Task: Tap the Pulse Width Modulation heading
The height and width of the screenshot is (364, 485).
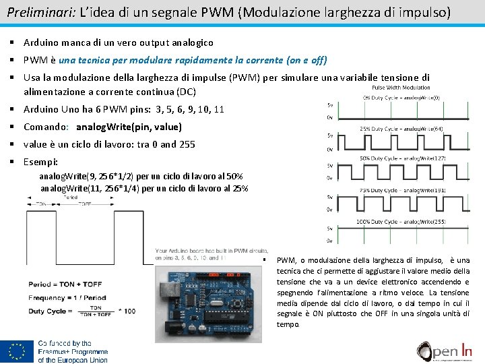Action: tap(401, 87)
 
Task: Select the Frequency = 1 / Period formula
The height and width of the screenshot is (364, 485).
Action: tap(66, 297)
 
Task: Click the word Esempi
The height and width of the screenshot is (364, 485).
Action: tap(40, 162)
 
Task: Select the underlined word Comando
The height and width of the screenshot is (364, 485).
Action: tap(45, 127)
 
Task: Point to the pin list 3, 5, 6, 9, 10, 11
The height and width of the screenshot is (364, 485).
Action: tap(190, 109)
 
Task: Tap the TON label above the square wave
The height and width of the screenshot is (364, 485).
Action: tap(42, 204)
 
